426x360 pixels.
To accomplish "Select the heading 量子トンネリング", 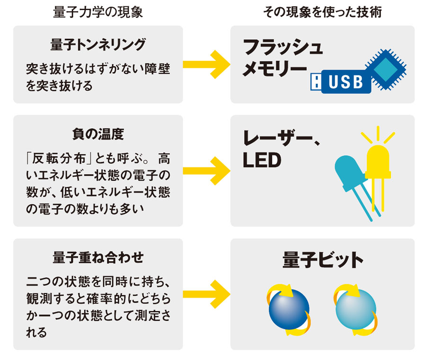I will pyautogui.click(x=98, y=44).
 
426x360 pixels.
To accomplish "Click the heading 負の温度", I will pyautogui.click(x=98, y=134).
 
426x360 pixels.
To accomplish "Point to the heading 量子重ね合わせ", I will pyautogui.click(x=98, y=258).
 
